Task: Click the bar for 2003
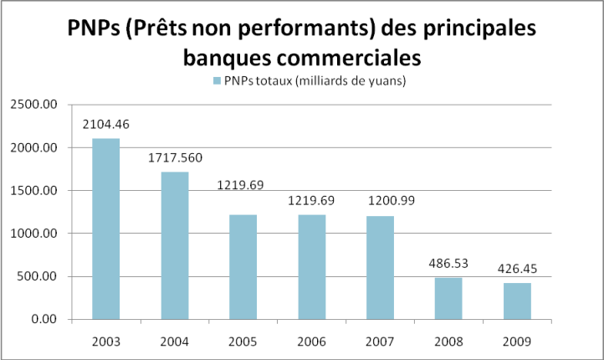[x=105, y=229]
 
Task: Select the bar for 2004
[x=174, y=245]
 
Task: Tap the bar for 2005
[x=243, y=266]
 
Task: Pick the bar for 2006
[x=311, y=266]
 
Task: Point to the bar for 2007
[x=380, y=267]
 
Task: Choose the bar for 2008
[x=448, y=298]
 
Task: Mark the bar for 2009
[x=517, y=301]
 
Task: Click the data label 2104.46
[x=105, y=124]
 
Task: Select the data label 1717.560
[x=174, y=157]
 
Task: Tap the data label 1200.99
[x=380, y=201]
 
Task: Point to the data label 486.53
[x=448, y=263]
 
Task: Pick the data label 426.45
[x=517, y=269]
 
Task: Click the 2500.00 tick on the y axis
[x=33, y=105]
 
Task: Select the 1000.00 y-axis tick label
[x=33, y=234]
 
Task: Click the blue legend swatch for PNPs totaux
[x=218, y=81]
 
